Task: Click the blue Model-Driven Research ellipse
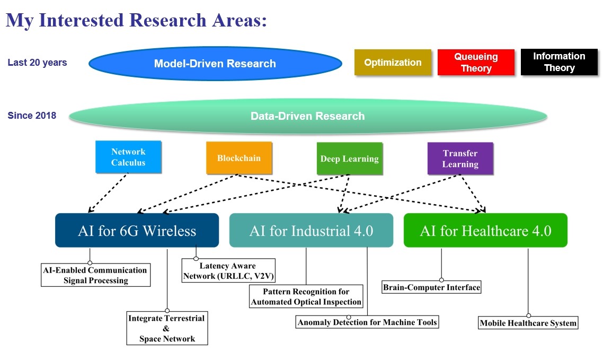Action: point(215,64)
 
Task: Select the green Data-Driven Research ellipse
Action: point(308,116)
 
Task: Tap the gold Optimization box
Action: point(393,62)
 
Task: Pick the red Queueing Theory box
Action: point(476,63)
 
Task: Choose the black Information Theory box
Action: point(559,62)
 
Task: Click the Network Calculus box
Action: point(128,157)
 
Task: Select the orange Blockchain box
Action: point(239,158)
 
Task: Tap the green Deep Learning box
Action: point(349,159)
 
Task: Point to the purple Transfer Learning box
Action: point(460,159)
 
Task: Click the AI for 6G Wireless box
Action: point(137,231)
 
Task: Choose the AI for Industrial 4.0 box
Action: point(311,231)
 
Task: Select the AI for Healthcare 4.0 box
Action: point(485,231)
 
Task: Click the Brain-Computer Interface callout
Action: point(431,287)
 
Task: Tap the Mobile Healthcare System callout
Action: point(528,323)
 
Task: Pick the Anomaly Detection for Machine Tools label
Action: point(368,322)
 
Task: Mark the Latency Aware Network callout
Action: point(228,271)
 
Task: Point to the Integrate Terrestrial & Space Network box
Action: point(167,328)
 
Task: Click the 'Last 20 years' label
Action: point(37,63)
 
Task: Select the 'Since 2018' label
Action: point(32,116)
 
